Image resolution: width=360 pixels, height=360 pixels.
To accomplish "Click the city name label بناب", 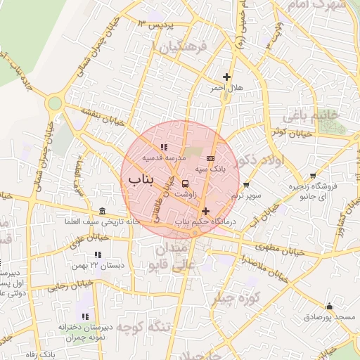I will (x=140, y=180).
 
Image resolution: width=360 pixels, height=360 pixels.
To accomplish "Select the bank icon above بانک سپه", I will (x=210, y=159).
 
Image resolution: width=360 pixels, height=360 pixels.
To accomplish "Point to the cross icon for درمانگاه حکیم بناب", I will (x=205, y=211).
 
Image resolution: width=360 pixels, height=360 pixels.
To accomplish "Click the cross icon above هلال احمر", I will (x=226, y=77).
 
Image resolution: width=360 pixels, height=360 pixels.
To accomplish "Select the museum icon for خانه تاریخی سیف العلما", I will (x=103, y=212).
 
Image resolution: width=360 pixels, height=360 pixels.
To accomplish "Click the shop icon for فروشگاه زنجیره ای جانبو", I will (x=314, y=176).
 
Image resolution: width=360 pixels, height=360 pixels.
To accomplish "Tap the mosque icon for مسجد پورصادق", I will (x=329, y=307).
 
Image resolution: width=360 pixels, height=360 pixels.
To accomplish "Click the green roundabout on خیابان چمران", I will (x=54, y=105).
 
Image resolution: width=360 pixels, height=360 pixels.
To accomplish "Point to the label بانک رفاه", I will (x=49, y=355).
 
